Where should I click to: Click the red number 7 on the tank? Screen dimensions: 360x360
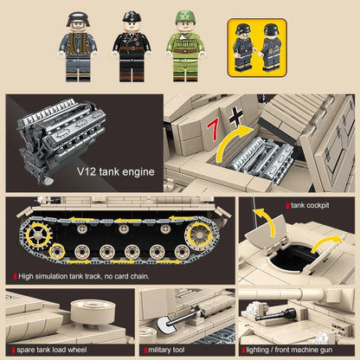[213, 130]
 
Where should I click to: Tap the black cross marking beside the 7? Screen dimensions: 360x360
[236, 116]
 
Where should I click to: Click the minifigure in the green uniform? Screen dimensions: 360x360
[185, 46]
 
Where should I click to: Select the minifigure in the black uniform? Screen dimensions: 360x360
[132, 46]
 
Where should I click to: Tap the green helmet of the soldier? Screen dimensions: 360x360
[185, 17]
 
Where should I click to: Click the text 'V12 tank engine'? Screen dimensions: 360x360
[116, 171]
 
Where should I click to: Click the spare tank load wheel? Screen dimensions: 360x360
[93, 312]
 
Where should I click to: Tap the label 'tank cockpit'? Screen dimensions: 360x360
[310, 205]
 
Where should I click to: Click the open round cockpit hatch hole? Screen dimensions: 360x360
[292, 258]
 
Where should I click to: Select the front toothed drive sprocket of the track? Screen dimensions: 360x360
[38, 235]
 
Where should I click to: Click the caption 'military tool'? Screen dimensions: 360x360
[166, 350]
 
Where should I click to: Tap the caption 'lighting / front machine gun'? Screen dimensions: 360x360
[289, 350]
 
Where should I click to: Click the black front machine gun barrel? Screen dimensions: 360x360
[275, 315]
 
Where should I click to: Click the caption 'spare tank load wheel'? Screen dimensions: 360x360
[52, 350]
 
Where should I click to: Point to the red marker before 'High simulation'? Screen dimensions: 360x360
[16, 277]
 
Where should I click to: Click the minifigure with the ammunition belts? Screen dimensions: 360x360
[78, 46]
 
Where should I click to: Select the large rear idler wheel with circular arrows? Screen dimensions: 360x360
[199, 235]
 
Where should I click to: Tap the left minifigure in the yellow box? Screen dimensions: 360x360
[243, 48]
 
